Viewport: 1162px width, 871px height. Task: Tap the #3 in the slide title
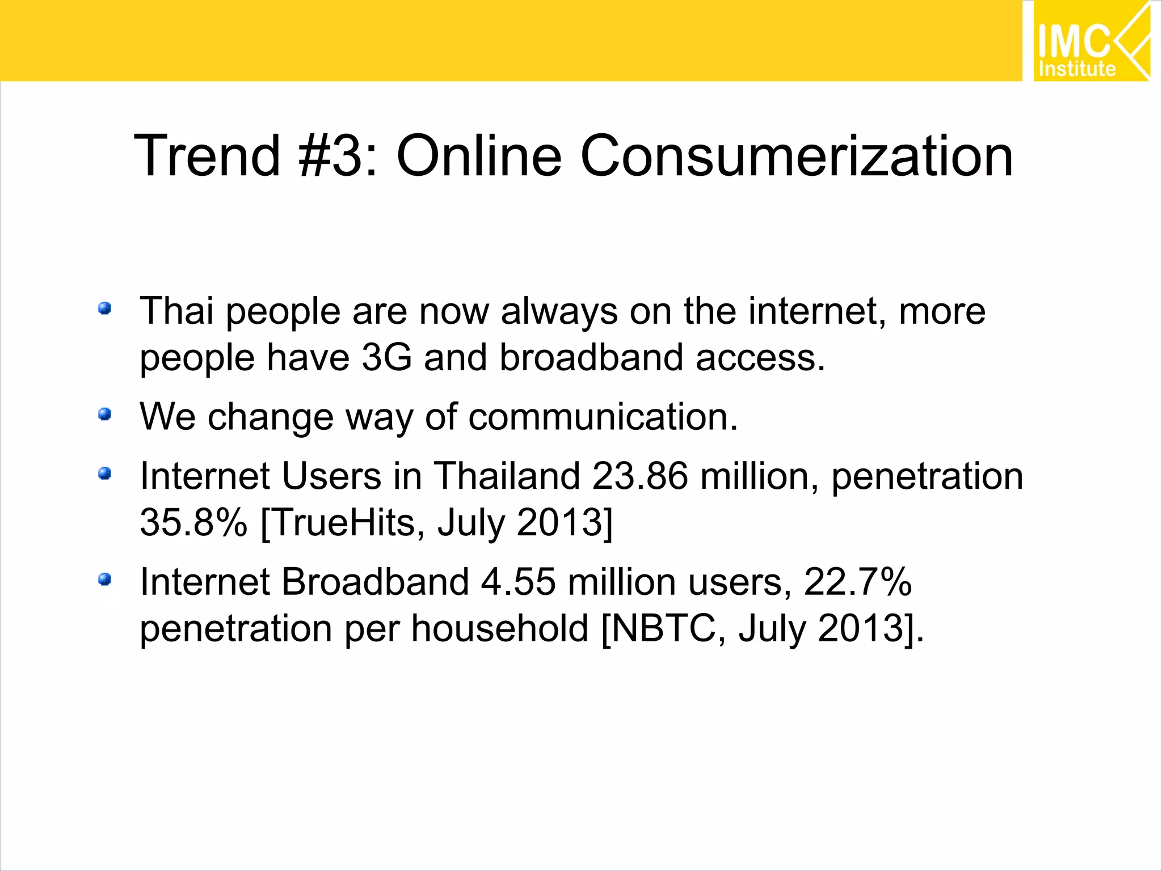[x=330, y=155]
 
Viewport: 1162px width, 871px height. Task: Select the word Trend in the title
[x=208, y=155]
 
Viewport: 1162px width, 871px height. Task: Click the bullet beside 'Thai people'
[x=104, y=308]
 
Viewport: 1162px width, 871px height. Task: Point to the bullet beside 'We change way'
[x=104, y=415]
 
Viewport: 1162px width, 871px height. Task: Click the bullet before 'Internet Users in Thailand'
[x=104, y=473]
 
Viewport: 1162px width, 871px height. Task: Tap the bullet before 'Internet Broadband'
[x=104, y=580]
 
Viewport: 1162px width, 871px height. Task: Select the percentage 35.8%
[x=193, y=522]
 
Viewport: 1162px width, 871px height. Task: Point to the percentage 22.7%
[x=857, y=582]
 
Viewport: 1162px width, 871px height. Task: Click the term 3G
[x=386, y=358]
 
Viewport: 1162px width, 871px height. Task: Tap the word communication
[x=603, y=417]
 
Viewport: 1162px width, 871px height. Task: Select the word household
[x=500, y=628]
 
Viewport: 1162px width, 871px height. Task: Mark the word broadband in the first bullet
[x=591, y=358]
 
